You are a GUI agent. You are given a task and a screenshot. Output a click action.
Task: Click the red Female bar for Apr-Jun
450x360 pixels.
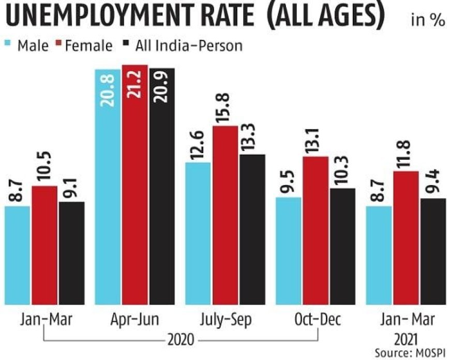134,186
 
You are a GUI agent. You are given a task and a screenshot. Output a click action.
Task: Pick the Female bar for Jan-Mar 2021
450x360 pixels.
407,238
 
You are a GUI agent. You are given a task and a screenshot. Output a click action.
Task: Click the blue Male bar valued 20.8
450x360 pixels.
108,186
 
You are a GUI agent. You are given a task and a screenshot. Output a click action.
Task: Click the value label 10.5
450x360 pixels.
45,168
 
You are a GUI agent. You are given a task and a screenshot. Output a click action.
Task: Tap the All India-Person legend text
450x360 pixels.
188,46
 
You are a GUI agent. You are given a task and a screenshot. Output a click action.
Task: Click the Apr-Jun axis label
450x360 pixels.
134,320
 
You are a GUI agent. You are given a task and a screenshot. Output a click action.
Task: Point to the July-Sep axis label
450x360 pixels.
226,320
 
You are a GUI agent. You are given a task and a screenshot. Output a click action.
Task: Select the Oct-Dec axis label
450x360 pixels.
317,320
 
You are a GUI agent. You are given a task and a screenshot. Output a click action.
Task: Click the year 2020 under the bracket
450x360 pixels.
181,340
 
